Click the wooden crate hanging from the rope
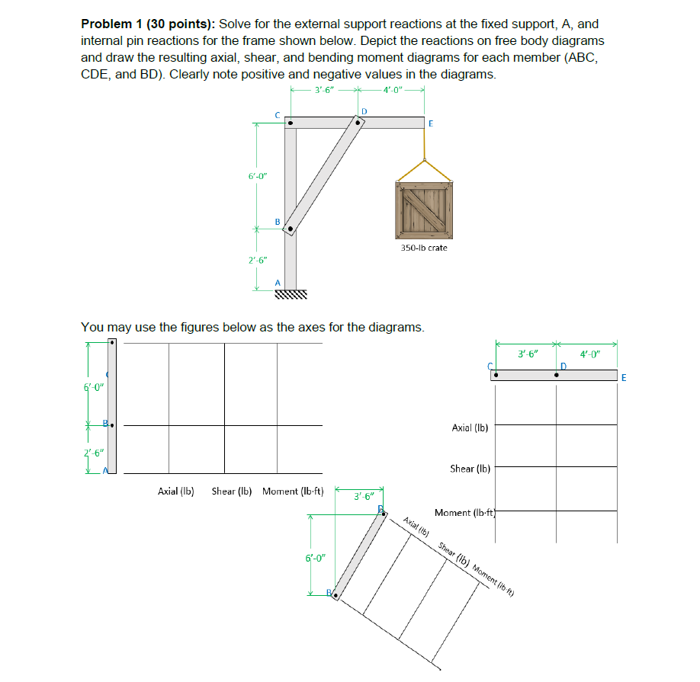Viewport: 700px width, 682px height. pos(423,210)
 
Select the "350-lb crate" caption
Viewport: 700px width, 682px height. pos(423,248)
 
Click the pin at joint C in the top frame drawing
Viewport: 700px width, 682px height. pos(291,122)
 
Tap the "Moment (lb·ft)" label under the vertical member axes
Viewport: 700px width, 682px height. pos(293,491)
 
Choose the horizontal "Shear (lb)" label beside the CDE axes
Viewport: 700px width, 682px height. pos(470,469)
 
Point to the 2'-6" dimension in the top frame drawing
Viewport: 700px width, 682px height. pos(257,260)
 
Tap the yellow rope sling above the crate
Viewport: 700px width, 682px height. pos(423,164)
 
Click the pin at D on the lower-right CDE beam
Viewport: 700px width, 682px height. pos(557,375)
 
